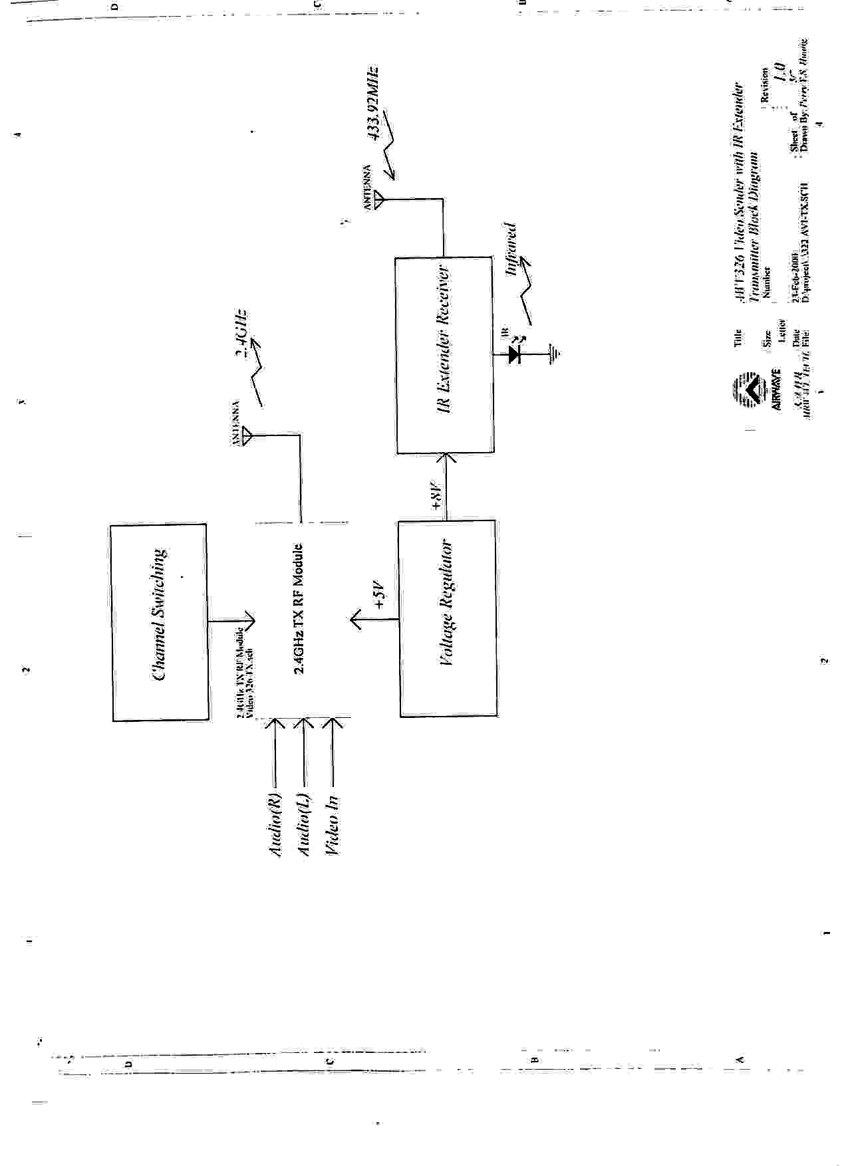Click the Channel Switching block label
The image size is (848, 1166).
coord(160,614)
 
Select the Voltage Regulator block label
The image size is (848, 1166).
coord(448,604)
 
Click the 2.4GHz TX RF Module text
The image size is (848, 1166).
coord(299,609)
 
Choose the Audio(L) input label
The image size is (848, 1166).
coord(303,824)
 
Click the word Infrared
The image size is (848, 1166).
coord(511,249)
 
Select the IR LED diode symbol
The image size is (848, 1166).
coord(514,354)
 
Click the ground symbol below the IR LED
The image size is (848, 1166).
coord(555,354)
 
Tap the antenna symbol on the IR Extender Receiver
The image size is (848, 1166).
coord(380,199)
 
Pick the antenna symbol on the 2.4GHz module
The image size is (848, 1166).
coord(247,436)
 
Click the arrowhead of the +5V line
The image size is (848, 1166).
coord(357,620)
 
